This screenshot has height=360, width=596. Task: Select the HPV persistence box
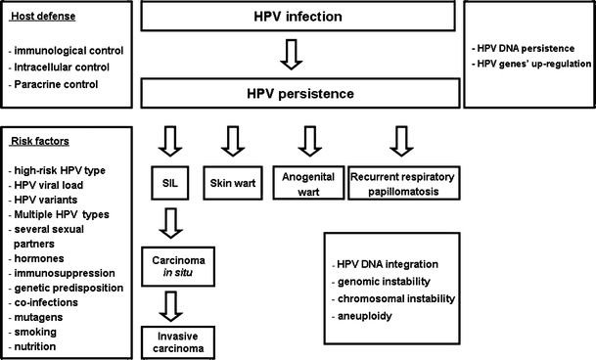coord(299,96)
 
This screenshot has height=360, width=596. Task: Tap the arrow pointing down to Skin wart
coord(232,140)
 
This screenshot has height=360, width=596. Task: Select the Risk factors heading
coord(40,141)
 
